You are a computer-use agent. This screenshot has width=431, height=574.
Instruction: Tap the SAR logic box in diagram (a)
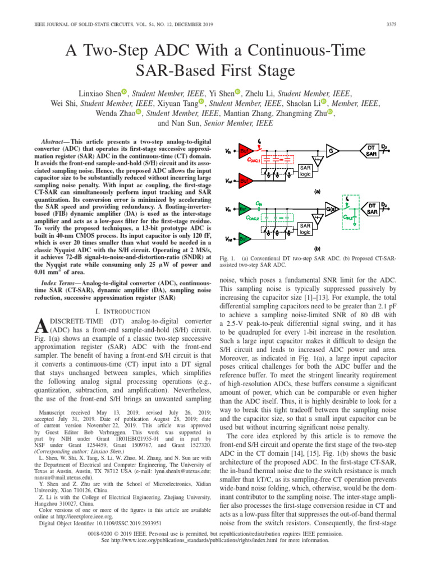(x=305, y=171)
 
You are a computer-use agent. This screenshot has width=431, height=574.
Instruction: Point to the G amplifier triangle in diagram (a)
(x=332, y=151)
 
